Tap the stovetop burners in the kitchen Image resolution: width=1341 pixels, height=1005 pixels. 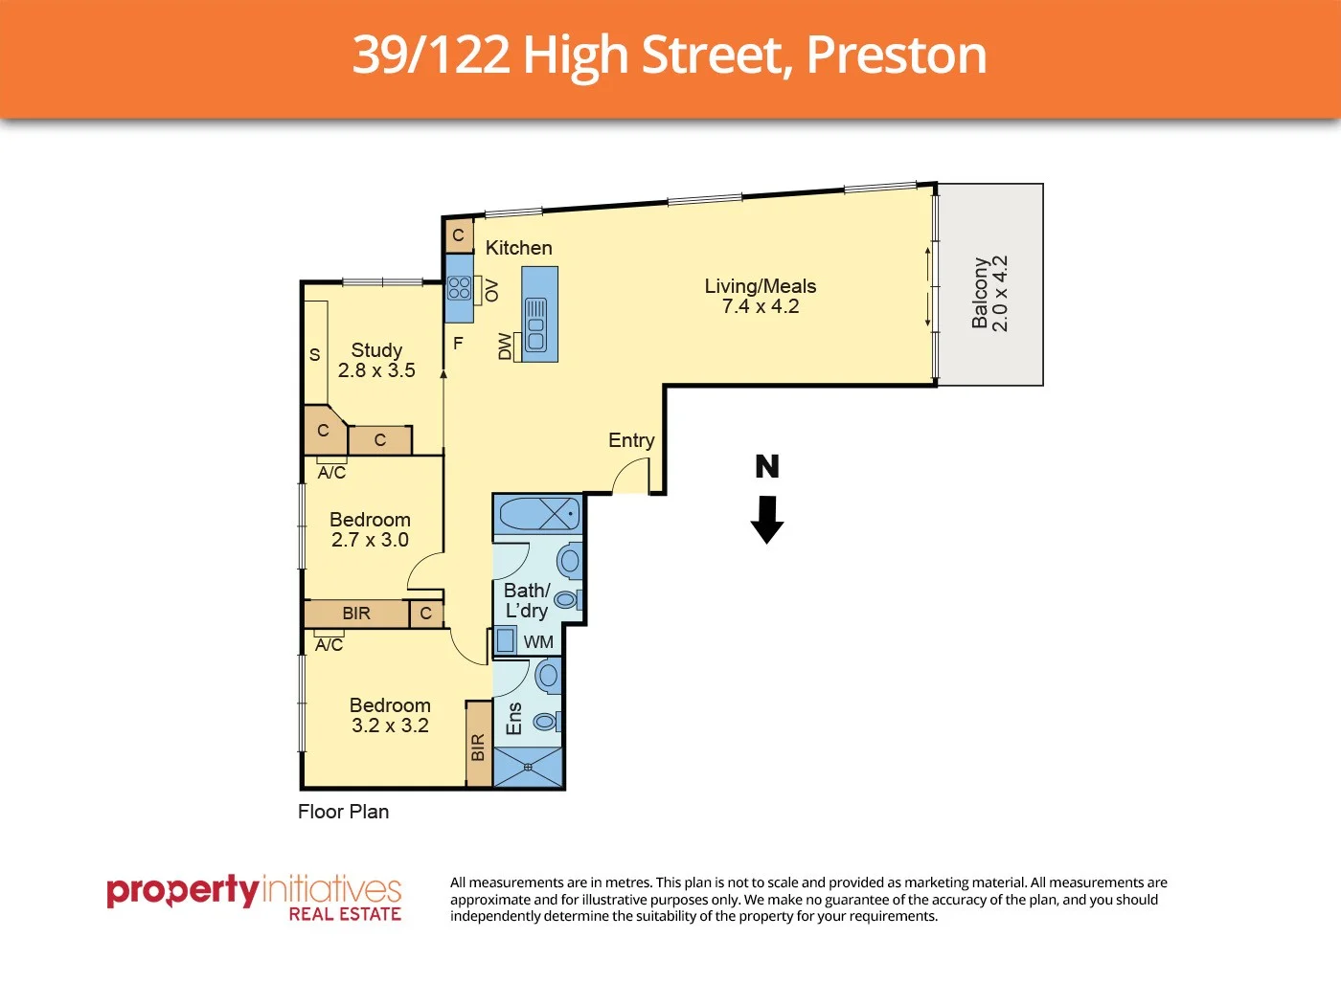(x=459, y=288)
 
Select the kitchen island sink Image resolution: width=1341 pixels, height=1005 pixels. (x=536, y=324)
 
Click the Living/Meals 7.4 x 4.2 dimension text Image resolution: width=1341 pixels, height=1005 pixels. (x=761, y=307)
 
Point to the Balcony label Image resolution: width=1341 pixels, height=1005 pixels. (x=980, y=293)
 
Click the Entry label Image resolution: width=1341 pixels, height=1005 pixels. (x=631, y=440)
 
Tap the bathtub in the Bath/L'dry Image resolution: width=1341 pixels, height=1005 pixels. (x=538, y=514)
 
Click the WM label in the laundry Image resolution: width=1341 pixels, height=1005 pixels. (x=538, y=642)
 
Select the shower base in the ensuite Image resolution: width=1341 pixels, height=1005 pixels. (x=528, y=767)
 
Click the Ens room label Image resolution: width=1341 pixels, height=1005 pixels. (x=514, y=719)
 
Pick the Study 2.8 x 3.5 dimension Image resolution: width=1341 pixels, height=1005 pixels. (x=376, y=370)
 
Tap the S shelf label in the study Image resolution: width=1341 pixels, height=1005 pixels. (x=314, y=355)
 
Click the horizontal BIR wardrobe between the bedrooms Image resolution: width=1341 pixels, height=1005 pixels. (x=356, y=614)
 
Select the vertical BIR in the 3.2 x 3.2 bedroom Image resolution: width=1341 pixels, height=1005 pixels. (x=478, y=746)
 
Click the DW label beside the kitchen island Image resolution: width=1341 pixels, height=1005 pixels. (x=505, y=346)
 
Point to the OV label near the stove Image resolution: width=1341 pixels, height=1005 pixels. (x=491, y=290)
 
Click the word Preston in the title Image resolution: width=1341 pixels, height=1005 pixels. (x=897, y=56)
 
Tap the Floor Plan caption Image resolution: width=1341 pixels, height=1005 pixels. (x=343, y=812)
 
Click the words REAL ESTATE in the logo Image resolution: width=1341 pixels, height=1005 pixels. (x=345, y=915)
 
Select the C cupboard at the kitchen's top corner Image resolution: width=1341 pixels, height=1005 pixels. (x=458, y=235)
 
